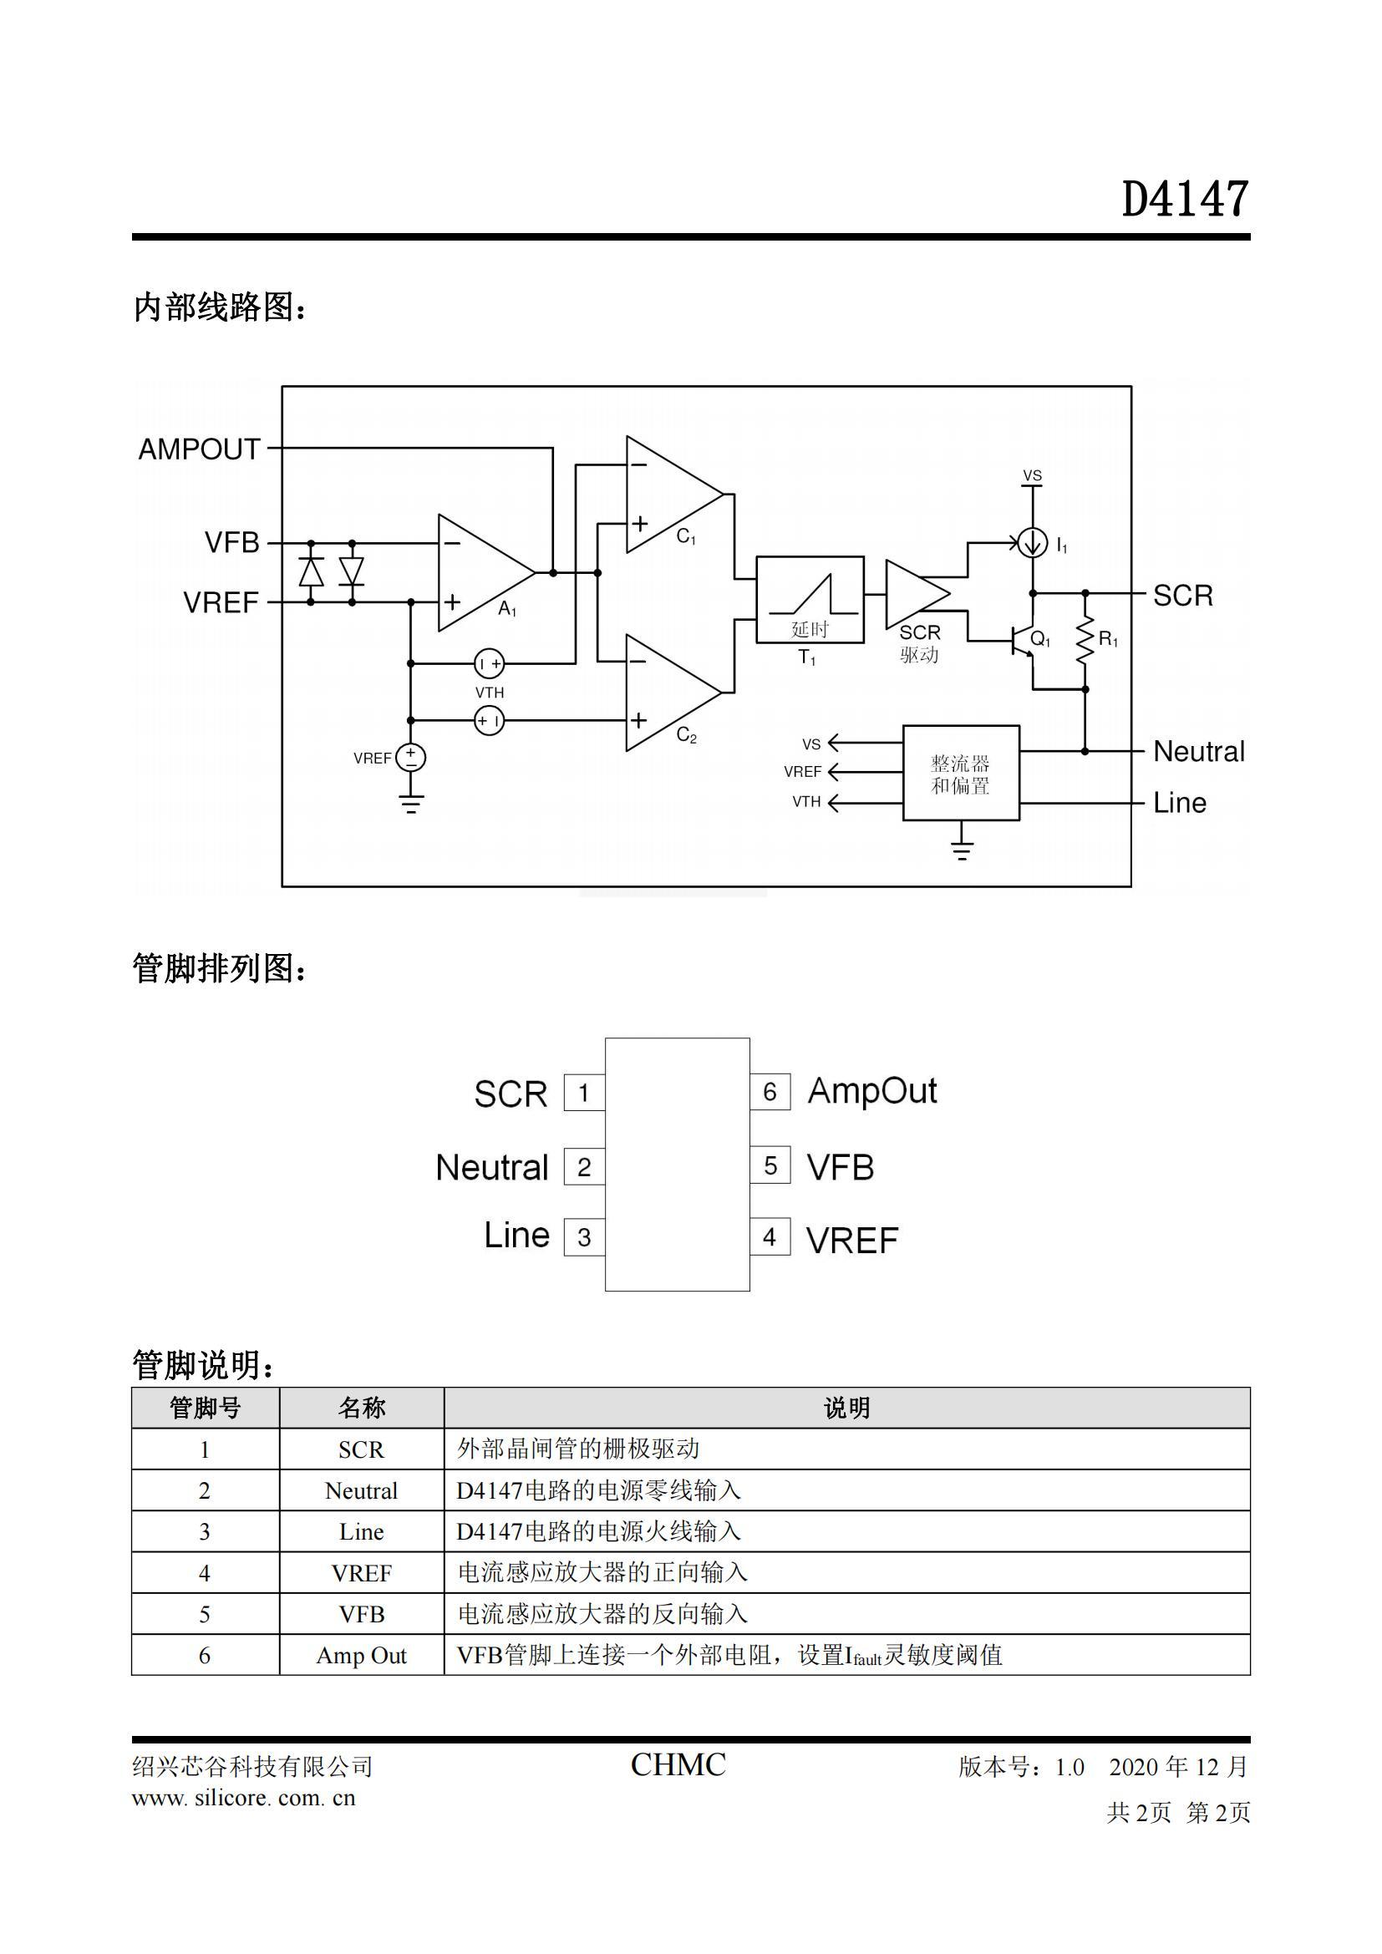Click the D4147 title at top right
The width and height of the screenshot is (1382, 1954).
1185,199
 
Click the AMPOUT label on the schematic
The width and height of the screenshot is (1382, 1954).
199,449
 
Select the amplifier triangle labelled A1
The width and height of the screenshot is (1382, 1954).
486,573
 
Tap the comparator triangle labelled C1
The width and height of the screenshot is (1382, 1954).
674,495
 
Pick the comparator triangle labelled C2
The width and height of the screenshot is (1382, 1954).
674,693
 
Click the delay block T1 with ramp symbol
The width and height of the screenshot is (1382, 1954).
810,600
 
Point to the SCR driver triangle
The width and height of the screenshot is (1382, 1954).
917,594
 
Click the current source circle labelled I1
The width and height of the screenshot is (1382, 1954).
1032,542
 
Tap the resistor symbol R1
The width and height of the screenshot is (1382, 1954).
1085,641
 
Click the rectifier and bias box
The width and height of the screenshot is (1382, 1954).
961,773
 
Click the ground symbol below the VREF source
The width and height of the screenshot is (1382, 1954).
411,803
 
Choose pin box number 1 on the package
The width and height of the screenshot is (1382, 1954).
584,1093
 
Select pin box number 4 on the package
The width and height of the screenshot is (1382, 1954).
770,1236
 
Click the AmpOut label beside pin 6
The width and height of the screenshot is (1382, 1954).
872,1091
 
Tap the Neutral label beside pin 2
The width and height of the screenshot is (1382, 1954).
492,1167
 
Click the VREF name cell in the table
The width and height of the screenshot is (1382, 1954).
362,1573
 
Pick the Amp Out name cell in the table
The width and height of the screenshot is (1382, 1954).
362,1655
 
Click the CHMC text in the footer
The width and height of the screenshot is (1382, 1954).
678,1765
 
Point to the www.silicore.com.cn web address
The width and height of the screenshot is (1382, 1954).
243,1799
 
